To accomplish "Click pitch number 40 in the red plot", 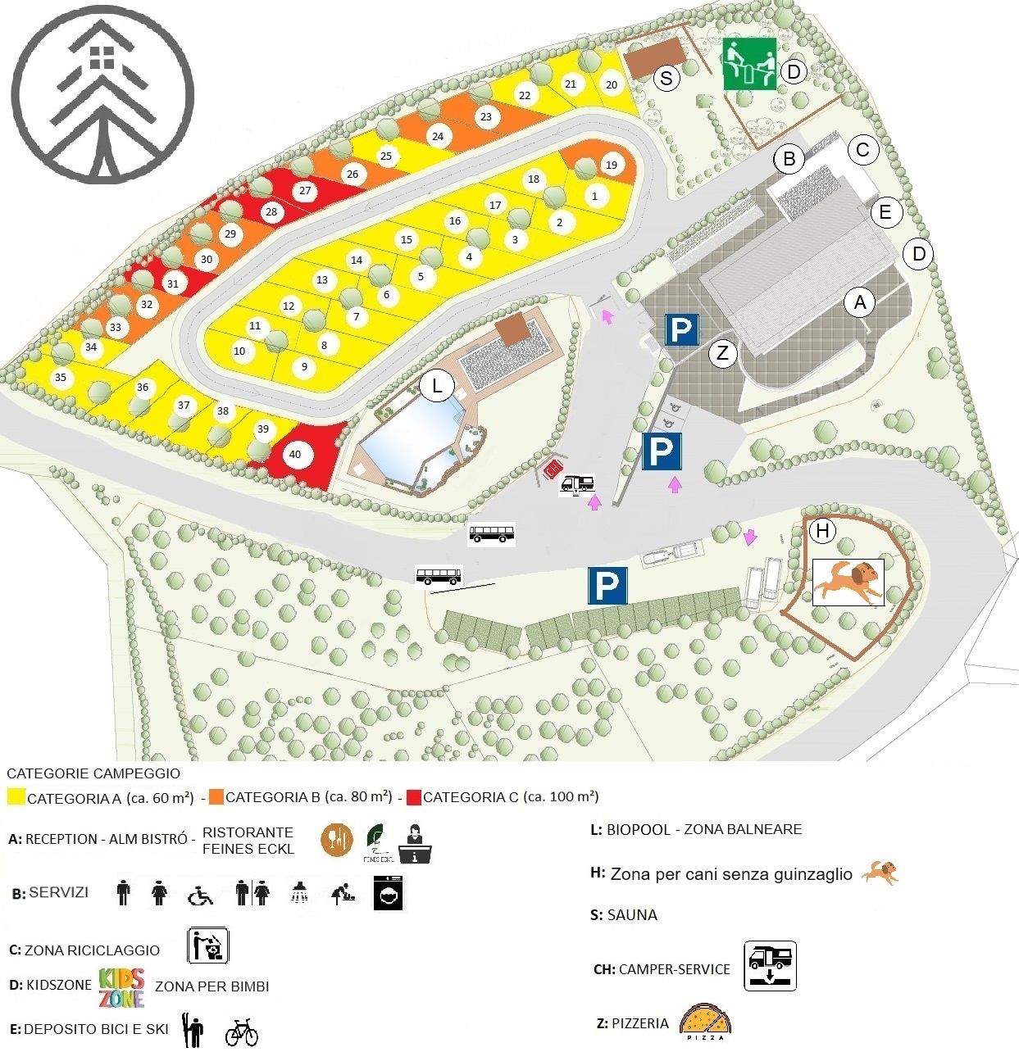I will point(295,455).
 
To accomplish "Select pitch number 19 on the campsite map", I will point(612,165).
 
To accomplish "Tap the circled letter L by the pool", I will point(437,385).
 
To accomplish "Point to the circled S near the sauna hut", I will point(667,78).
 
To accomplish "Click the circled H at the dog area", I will point(822,531).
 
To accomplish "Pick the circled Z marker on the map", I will point(722,354).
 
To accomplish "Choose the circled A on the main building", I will point(860,302).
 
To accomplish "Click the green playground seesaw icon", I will point(749,63).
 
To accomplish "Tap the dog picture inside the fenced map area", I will point(848,582).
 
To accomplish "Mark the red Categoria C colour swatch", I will point(413,796).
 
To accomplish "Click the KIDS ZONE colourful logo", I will point(121,987).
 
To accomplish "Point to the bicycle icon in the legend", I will point(241,1032).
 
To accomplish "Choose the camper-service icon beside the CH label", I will point(770,966).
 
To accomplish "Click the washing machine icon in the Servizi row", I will point(388,893).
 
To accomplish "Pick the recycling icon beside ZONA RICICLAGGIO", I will point(208,945).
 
